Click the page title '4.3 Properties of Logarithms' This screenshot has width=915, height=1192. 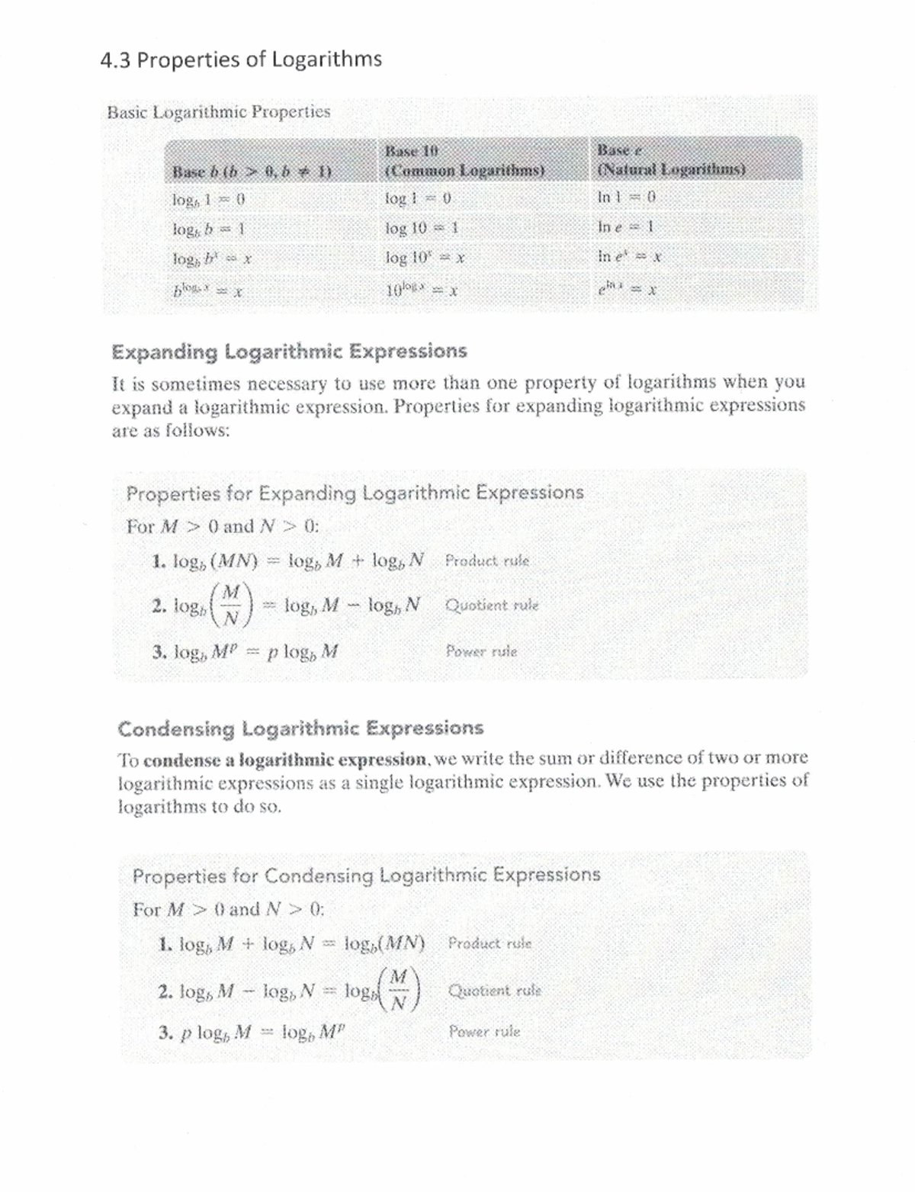pyautogui.click(x=241, y=59)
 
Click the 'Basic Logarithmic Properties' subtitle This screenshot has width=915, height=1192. pyautogui.click(x=219, y=112)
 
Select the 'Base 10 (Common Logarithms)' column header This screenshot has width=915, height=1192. pyautogui.click(x=464, y=161)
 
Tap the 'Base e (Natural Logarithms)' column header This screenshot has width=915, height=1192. pyautogui.click(x=671, y=160)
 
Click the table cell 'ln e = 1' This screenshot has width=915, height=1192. pyautogui.click(x=626, y=227)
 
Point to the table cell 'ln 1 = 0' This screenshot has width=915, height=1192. pyautogui.click(x=626, y=197)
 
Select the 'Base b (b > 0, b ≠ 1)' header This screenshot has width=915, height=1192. pyautogui.click(x=252, y=171)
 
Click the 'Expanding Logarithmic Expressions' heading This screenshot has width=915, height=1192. pyautogui.click(x=289, y=352)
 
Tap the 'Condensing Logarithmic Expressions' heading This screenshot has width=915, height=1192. pyautogui.click(x=300, y=728)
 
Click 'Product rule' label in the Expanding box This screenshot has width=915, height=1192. pyautogui.click(x=486, y=561)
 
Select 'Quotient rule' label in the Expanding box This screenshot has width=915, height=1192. pyautogui.click(x=492, y=606)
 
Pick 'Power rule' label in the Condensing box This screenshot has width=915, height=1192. pyautogui.click(x=484, y=1032)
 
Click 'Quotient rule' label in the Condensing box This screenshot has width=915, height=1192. pyautogui.click(x=495, y=991)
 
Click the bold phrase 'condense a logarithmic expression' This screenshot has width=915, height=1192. pyautogui.click(x=285, y=760)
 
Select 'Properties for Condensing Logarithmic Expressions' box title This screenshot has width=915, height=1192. pyautogui.click(x=366, y=875)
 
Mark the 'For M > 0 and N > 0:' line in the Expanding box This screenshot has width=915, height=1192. pyautogui.click(x=223, y=526)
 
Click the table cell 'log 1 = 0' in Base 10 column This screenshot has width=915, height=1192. pyautogui.click(x=419, y=198)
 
